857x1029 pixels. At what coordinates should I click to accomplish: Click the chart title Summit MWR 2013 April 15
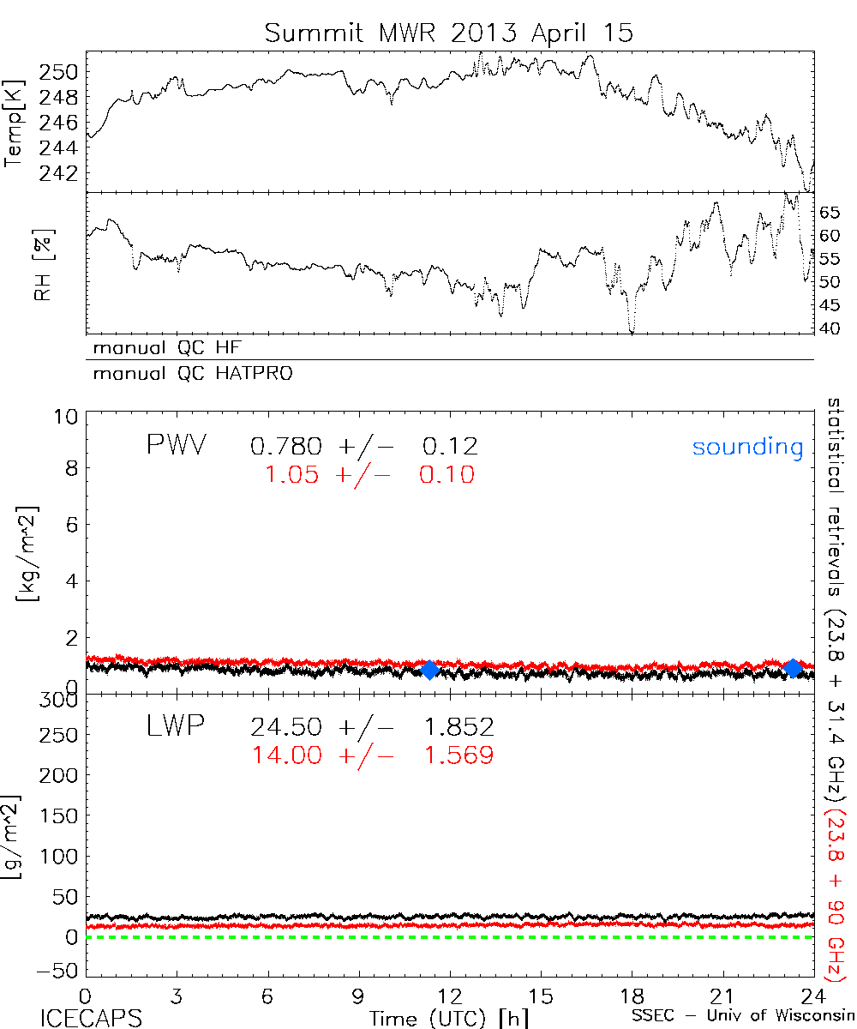[x=449, y=33]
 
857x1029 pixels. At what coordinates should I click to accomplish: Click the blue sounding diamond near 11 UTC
[x=430, y=670]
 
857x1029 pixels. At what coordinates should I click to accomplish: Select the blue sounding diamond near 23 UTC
[x=794, y=668]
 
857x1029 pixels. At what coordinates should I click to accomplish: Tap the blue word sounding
[x=748, y=447]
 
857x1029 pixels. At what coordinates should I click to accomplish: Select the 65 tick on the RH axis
[x=830, y=211]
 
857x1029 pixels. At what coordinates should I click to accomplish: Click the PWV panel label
[x=177, y=445]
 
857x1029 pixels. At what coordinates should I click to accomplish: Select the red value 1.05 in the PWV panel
[x=293, y=475]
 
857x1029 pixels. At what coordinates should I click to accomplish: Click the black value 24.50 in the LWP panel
[x=286, y=728]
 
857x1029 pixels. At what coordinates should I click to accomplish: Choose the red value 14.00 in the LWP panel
[x=286, y=755]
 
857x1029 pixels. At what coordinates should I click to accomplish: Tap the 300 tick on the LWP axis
[x=63, y=700]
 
